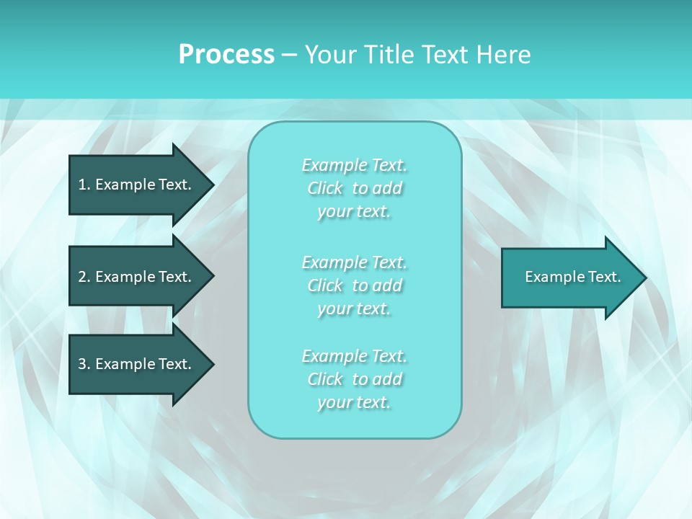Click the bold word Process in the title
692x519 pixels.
[226, 55]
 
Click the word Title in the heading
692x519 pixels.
[386, 55]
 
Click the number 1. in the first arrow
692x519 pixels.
[84, 185]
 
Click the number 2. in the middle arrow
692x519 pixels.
[84, 277]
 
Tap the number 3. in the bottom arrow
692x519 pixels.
[84, 364]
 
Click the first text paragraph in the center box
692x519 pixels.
[354, 188]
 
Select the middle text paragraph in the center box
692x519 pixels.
[354, 285]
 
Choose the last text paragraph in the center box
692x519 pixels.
[354, 379]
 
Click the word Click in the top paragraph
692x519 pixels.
[325, 188]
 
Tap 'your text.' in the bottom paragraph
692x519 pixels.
[354, 402]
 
